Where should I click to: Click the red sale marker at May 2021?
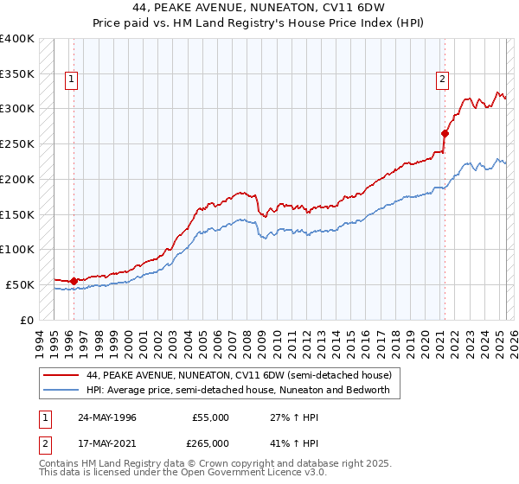[x=445, y=133]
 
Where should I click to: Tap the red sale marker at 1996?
[x=74, y=281]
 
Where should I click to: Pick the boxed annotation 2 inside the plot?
[x=442, y=80]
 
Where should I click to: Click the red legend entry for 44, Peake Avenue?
[x=240, y=375]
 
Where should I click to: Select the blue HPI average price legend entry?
[x=238, y=390]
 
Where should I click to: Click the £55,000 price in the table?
[x=210, y=417]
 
